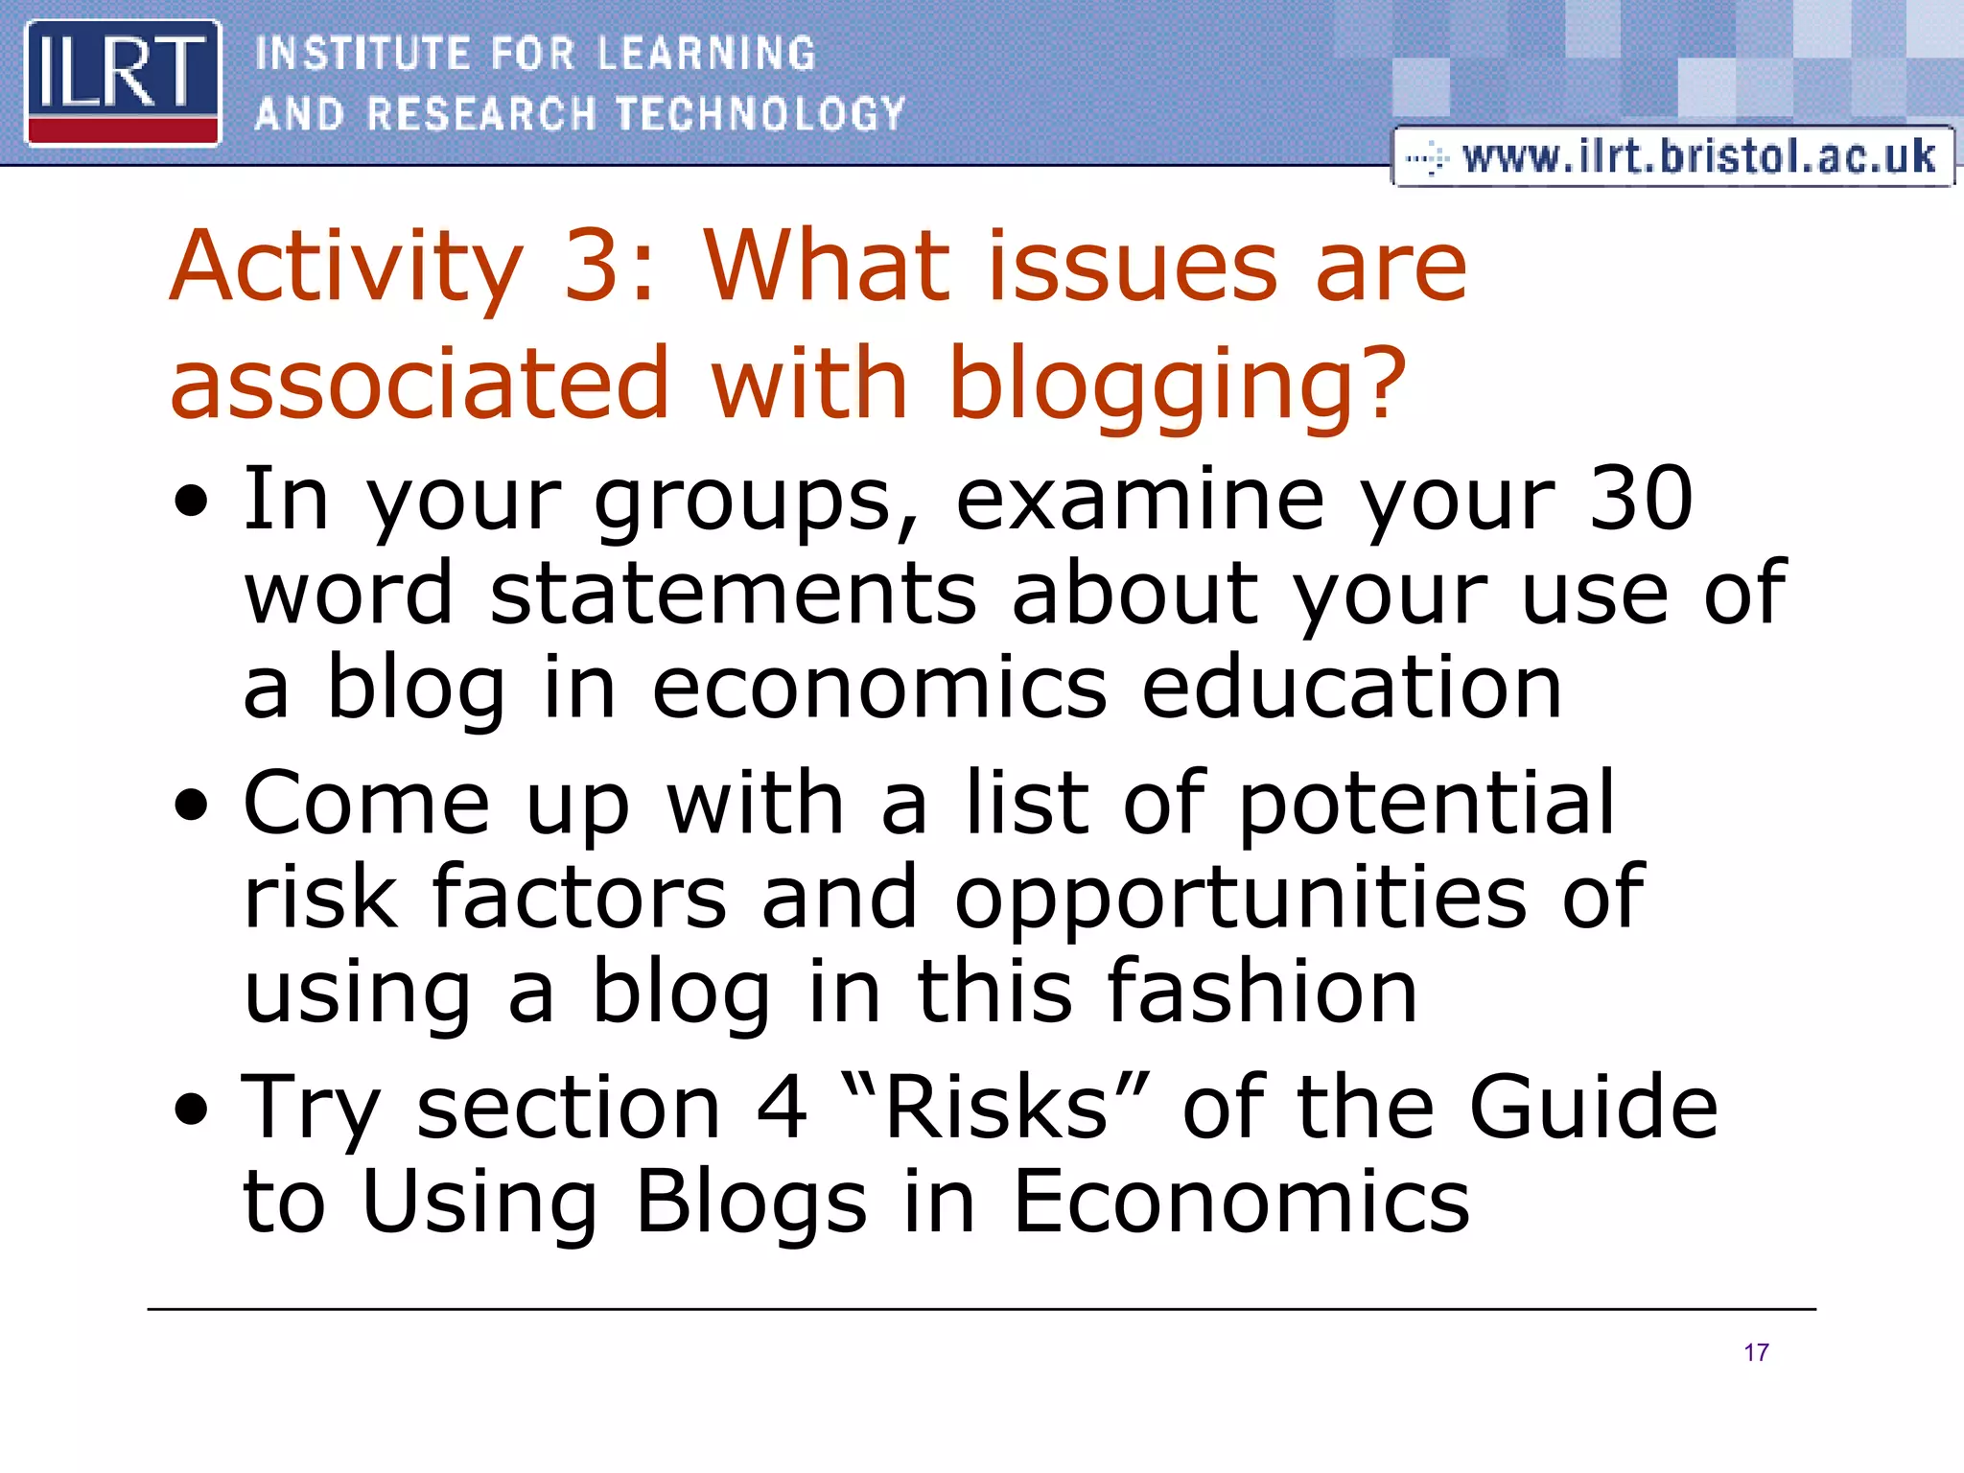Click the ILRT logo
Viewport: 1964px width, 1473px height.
pos(123,82)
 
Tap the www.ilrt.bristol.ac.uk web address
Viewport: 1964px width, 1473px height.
pos(1697,156)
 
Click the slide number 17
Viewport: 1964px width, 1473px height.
pos(1756,1352)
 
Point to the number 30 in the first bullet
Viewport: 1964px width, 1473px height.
pos(1641,498)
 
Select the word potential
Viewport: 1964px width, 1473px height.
pos(1427,803)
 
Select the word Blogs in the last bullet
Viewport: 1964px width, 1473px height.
pos(752,1202)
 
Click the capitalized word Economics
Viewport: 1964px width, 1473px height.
pos(1241,1202)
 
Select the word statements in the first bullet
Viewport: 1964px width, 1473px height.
pos(734,593)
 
